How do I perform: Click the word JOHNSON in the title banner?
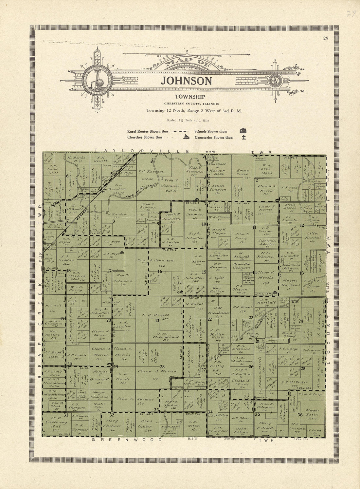click(x=187, y=81)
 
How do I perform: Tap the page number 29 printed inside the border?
click(x=325, y=39)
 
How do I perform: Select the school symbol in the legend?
click(x=243, y=131)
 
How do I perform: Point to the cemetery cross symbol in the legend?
click(x=243, y=137)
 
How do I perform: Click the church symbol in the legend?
click(x=186, y=137)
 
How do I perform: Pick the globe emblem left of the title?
click(x=97, y=80)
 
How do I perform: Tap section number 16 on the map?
click(x=160, y=271)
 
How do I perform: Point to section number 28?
click(x=162, y=367)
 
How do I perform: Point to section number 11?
click(x=254, y=227)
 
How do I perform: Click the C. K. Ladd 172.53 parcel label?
click(x=50, y=170)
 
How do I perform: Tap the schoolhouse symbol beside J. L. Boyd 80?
click(x=122, y=252)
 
